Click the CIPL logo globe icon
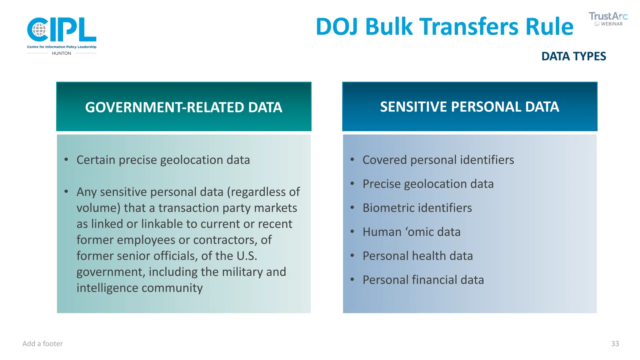coord(39,30)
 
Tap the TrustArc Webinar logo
coord(608,19)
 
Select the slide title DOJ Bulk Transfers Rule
coord(444,27)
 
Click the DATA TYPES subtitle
coord(573,57)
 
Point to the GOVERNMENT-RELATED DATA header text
coord(184,107)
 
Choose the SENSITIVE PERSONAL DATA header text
coord(469,107)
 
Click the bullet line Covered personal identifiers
coord(438,160)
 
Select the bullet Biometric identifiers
coord(417,208)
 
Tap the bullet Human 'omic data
coord(411,232)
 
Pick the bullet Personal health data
coord(417,256)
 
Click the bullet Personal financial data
coord(423,280)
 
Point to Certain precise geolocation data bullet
coord(163,160)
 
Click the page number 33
coord(615,344)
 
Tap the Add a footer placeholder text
coord(43,344)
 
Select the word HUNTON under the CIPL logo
coord(62,53)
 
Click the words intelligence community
coord(139,288)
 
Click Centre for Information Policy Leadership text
coord(62,47)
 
